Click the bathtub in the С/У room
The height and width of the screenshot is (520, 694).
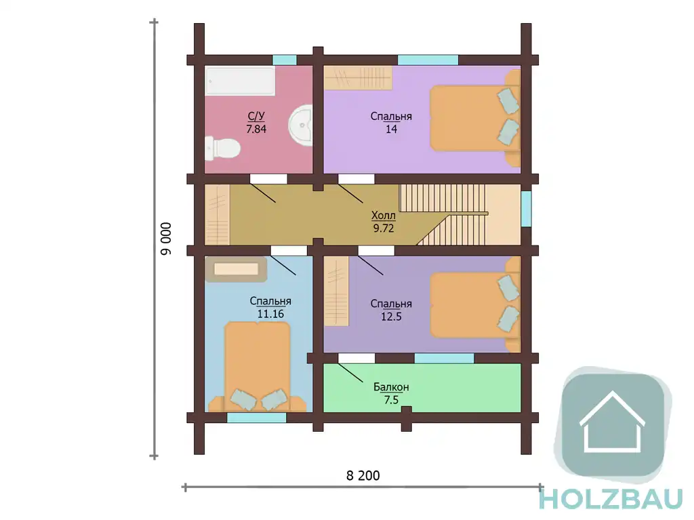[x=241, y=81]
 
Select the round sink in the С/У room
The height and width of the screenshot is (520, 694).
[x=300, y=125]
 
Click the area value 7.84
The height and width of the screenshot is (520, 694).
[x=256, y=129]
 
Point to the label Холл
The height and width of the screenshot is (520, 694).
[x=384, y=216]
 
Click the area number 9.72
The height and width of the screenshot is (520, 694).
[x=384, y=228]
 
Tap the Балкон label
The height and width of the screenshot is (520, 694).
[x=391, y=387]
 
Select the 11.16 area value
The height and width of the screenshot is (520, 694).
[x=270, y=314]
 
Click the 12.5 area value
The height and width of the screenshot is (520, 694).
[x=391, y=317]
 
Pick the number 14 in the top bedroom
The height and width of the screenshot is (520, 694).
[x=391, y=129]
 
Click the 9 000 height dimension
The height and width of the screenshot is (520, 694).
[x=165, y=239]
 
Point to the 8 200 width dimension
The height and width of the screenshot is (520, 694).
[x=363, y=476]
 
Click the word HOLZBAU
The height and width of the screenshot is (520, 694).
[x=611, y=499]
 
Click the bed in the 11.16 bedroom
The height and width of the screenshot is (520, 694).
[x=257, y=367]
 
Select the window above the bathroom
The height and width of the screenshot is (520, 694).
[x=285, y=60]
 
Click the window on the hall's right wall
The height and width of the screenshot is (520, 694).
[x=526, y=209]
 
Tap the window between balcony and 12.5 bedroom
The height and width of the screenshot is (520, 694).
[x=445, y=358]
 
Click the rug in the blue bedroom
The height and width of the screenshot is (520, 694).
[x=236, y=269]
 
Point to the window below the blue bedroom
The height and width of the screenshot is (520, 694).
[x=257, y=417]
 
